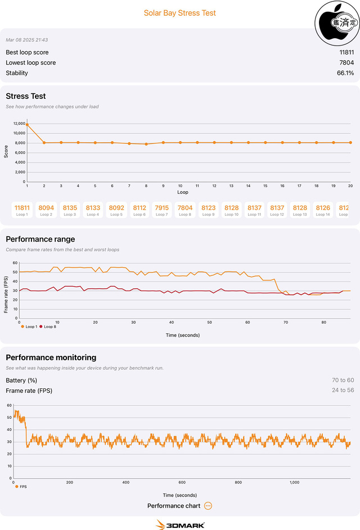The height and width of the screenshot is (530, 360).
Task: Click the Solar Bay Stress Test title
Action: (179, 13)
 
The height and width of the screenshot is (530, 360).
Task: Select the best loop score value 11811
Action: (346, 52)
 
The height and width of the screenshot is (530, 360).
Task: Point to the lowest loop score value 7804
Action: (346, 62)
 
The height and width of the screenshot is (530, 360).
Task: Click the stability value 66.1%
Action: (345, 73)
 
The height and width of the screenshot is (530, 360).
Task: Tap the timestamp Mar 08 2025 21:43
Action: (26, 40)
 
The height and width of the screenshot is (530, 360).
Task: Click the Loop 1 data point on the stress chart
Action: (27, 124)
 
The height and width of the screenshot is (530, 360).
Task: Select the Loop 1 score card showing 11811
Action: (21, 210)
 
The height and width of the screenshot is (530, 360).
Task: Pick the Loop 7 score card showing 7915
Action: (161, 210)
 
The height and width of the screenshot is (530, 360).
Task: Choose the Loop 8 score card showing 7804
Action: (185, 210)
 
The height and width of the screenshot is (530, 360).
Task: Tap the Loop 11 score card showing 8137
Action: (254, 210)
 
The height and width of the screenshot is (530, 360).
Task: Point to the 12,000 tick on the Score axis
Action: (19, 124)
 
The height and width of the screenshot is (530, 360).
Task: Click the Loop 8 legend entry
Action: (47, 327)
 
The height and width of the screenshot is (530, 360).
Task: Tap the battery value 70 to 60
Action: (343, 380)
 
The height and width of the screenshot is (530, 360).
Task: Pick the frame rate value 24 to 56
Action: (343, 391)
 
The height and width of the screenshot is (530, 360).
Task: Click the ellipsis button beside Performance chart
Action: (208, 506)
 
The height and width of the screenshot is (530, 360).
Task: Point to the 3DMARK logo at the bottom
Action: (180, 524)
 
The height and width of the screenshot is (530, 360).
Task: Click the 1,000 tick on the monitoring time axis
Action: (294, 482)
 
